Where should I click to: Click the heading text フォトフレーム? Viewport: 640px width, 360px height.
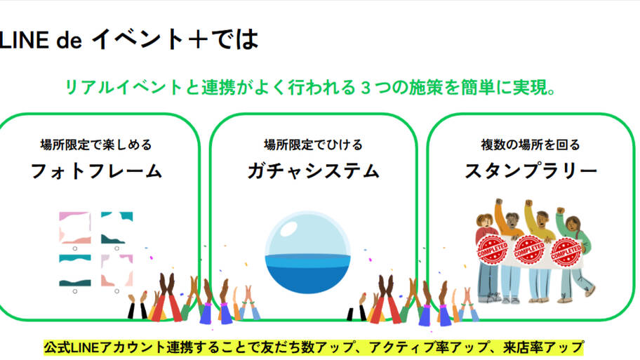(x=96, y=171)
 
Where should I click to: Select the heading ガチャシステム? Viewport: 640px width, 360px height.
(x=314, y=171)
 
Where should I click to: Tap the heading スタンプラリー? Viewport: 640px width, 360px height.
(x=531, y=171)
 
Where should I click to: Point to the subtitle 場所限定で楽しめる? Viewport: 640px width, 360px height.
(x=96, y=145)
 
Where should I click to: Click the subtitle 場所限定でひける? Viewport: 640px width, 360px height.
(x=314, y=145)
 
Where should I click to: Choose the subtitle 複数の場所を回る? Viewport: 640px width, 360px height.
(x=531, y=145)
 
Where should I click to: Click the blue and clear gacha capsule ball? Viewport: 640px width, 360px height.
(x=308, y=252)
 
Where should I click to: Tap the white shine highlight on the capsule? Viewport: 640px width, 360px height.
(x=289, y=228)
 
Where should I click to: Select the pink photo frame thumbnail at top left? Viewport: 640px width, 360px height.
(x=74, y=228)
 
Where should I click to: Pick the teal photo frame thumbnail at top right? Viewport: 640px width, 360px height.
(x=116, y=228)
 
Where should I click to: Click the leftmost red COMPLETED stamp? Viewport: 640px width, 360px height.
(x=492, y=250)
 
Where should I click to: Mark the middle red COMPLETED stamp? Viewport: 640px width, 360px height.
(x=529, y=250)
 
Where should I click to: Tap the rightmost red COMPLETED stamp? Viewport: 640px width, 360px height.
(x=566, y=251)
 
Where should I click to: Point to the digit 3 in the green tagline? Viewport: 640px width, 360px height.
(x=366, y=88)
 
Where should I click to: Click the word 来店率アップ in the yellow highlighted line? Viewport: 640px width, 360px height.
(x=543, y=348)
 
